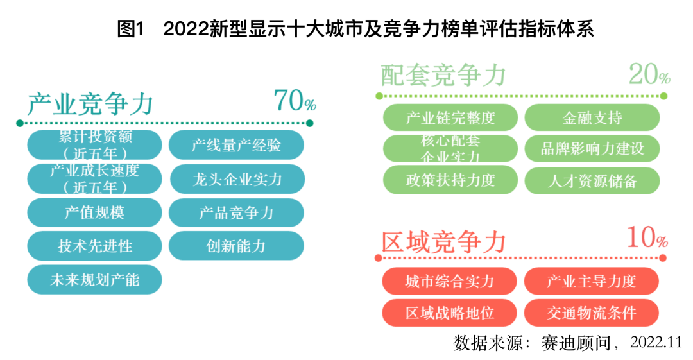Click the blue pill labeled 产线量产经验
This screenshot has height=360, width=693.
[x=236, y=145]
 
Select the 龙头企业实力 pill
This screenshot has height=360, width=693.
[x=237, y=179]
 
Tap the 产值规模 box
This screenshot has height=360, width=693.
[x=94, y=212]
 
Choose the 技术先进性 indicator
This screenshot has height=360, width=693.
[x=94, y=246]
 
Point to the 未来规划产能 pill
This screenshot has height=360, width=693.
[x=94, y=280]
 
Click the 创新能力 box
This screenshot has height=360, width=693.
[x=236, y=246]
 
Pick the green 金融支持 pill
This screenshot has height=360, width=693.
[x=592, y=117]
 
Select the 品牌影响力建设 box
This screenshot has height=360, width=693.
[x=592, y=149]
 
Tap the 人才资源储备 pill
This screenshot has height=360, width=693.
[x=592, y=180]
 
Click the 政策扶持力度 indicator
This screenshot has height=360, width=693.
[x=450, y=180]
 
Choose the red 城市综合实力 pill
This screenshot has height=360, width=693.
[x=449, y=281]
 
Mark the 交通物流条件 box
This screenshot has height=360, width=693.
[x=592, y=313]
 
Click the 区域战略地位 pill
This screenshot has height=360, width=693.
[x=449, y=313]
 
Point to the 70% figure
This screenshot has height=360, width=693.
[x=295, y=100]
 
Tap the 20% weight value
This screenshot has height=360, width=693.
[x=649, y=74]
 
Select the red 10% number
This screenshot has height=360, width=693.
[x=647, y=237]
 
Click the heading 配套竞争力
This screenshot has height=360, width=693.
[x=443, y=74]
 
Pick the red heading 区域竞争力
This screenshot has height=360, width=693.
[x=444, y=243]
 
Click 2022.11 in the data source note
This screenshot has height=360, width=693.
[x=656, y=342]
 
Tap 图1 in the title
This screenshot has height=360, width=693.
[x=131, y=29]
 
